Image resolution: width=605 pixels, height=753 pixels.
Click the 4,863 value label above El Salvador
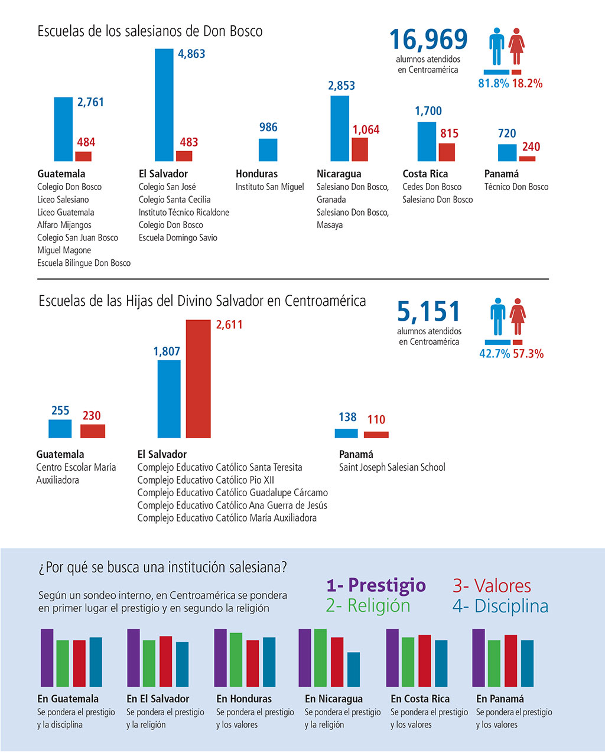pyautogui.click(x=191, y=54)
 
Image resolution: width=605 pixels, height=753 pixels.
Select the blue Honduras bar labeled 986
pyautogui.click(x=268, y=150)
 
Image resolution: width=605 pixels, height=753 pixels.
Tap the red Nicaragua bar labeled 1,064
pyautogui.click(x=360, y=149)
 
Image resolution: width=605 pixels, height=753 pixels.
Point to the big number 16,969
pyautogui.click(x=428, y=39)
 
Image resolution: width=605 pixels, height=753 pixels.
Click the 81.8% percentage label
pyautogui.click(x=493, y=83)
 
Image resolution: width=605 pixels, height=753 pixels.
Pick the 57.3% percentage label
pyautogui.click(x=528, y=354)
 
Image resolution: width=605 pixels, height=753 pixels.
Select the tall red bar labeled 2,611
pyautogui.click(x=198, y=379)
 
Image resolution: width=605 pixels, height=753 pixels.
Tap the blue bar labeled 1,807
pyautogui.click(x=169, y=399)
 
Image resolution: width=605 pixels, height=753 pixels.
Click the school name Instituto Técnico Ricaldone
pyautogui.click(x=184, y=213)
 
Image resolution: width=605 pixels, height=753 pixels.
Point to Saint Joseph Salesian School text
pyautogui.click(x=392, y=467)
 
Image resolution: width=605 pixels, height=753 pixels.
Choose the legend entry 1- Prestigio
pyautogui.click(x=376, y=585)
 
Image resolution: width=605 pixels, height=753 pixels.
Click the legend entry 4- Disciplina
pyautogui.click(x=500, y=606)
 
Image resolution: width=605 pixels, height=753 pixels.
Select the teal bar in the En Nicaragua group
pyautogui.click(x=354, y=669)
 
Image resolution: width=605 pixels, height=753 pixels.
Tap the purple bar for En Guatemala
pyautogui.click(x=47, y=658)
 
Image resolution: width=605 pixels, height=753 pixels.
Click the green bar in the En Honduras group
pyautogui.click(x=236, y=660)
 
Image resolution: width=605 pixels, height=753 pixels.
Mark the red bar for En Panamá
pyautogui.click(x=511, y=661)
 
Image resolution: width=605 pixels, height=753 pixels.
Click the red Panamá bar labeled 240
pyautogui.click(x=527, y=159)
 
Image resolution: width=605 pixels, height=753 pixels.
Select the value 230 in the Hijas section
pyautogui.click(x=92, y=416)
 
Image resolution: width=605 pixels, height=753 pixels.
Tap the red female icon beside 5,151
pyautogui.click(x=518, y=317)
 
